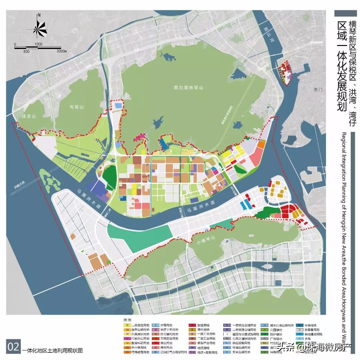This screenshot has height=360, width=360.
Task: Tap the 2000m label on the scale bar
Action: point(62,51)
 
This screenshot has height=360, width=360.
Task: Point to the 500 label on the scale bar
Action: point(26,51)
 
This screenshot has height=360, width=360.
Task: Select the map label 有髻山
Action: point(76,107)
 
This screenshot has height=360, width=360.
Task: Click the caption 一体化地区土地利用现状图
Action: point(52,351)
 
